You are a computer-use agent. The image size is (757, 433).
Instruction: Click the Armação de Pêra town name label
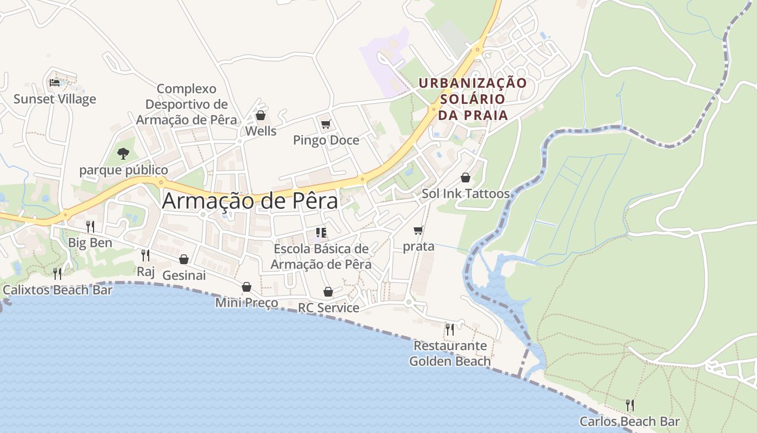click(x=250, y=201)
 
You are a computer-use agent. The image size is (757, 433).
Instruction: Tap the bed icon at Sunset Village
click(x=55, y=83)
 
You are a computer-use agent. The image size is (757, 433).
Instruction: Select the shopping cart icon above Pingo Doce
click(x=326, y=124)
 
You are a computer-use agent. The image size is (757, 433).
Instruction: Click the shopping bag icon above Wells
click(x=261, y=115)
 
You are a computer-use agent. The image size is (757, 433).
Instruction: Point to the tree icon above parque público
click(x=123, y=153)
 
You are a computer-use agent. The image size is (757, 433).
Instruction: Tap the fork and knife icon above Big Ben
click(x=90, y=226)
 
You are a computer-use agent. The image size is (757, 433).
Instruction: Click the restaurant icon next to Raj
click(x=145, y=255)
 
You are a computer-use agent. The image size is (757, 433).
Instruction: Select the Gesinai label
click(x=184, y=275)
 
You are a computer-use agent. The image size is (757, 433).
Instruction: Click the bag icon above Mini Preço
click(x=247, y=287)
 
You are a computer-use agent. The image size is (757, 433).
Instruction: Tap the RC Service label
click(x=328, y=307)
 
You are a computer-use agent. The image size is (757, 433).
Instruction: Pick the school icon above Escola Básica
click(x=321, y=233)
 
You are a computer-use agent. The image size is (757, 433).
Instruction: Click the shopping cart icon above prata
click(x=418, y=231)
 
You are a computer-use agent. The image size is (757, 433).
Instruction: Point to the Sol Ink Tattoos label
click(x=466, y=193)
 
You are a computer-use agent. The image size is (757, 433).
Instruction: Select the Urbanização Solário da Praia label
click(x=473, y=99)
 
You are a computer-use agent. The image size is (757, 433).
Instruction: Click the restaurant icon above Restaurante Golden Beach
click(x=449, y=329)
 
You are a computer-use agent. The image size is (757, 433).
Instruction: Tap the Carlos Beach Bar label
click(x=629, y=421)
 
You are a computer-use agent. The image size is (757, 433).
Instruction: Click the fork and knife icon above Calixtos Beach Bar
click(x=57, y=274)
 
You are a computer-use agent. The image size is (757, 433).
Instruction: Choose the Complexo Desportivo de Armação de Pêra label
click(x=187, y=104)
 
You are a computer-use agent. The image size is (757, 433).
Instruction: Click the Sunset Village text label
click(x=55, y=99)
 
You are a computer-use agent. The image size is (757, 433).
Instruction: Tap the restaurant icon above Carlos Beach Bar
click(x=629, y=405)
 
